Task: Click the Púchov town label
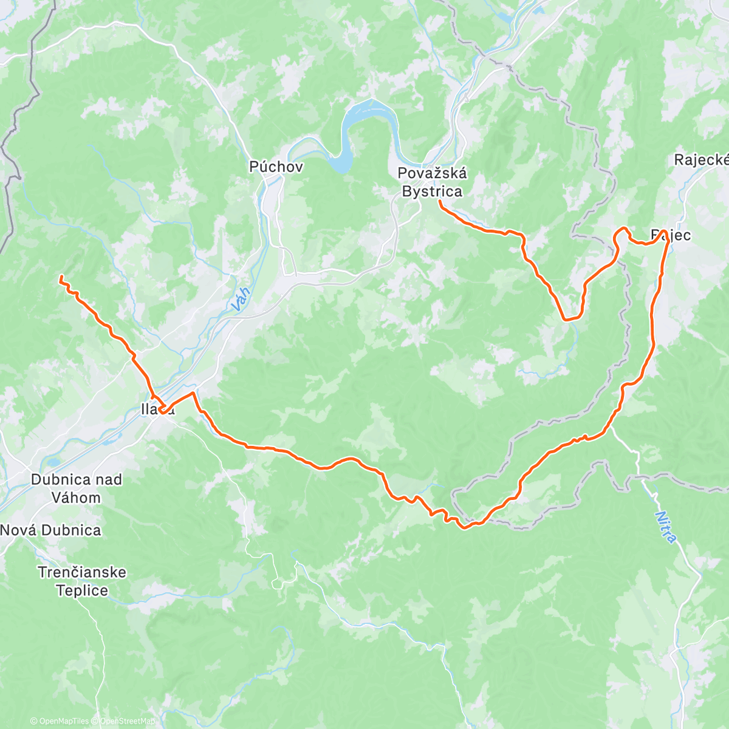click(276, 166)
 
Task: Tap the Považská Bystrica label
click(432, 182)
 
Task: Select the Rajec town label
click(671, 234)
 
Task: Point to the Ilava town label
click(158, 410)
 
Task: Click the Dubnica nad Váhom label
click(76, 488)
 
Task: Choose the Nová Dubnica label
click(50, 530)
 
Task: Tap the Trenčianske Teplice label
click(82, 581)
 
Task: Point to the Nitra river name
click(666, 527)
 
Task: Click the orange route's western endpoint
click(61, 278)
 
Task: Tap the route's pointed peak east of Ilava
click(194, 394)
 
